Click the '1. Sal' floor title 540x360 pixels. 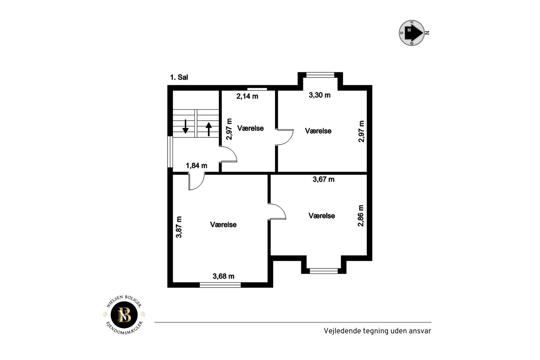tap(179, 77)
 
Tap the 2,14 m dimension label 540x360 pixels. tap(247, 96)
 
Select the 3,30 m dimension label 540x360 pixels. tap(319, 95)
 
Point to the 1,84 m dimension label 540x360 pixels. tap(196, 166)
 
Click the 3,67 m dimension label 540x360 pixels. tap(324, 179)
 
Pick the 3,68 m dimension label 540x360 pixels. tap(223, 276)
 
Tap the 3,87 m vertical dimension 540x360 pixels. tap(179, 227)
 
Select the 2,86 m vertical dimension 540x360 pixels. tap(361, 216)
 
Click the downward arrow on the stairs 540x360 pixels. tap(185, 126)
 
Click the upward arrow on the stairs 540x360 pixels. tap(209, 129)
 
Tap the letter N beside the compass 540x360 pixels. tap(427, 33)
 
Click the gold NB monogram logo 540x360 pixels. tap(124, 315)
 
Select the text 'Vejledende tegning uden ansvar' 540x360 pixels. tap(377, 331)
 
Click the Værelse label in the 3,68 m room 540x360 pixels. tap(223, 225)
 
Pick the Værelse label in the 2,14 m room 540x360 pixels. tap(250, 128)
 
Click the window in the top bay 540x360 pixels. tap(320, 75)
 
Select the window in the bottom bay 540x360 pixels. tap(324, 271)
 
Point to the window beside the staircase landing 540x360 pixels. tap(170, 152)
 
